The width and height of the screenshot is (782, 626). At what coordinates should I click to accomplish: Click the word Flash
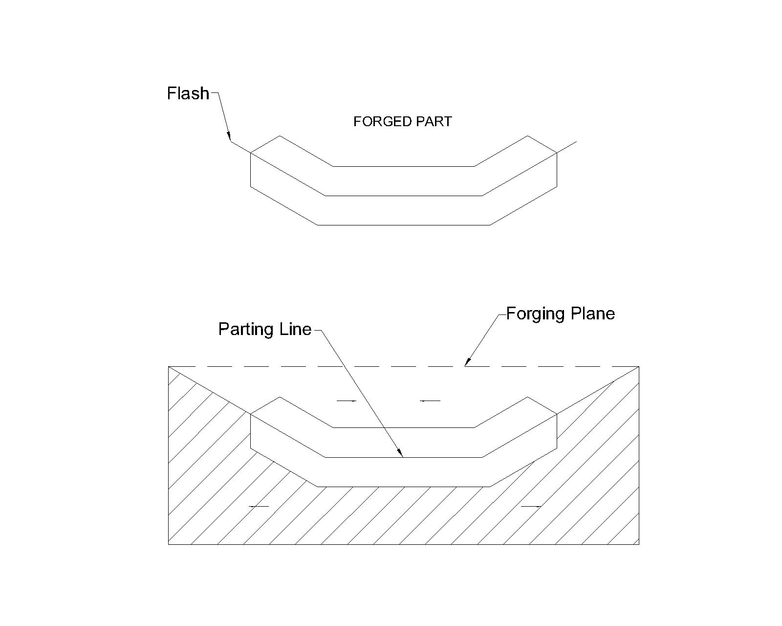[x=188, y=93]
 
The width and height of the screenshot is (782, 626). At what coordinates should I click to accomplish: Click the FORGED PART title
[x=402, y=122]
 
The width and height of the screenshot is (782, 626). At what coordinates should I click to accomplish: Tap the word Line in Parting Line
[x=295, y=329]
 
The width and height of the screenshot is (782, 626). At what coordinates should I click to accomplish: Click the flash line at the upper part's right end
[x=567, y=147]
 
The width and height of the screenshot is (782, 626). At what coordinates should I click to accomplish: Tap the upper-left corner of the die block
[x=169, y=366]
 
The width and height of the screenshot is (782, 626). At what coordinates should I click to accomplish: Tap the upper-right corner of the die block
[x=639, y=366]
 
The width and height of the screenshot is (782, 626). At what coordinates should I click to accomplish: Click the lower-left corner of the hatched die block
[x=169, y=544]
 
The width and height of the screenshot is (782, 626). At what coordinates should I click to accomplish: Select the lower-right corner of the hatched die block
[x=639, y=544]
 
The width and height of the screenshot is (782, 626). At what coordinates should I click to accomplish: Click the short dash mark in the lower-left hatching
[x=259, y=506]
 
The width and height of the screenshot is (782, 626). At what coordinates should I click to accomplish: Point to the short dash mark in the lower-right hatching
[x=530, y=506]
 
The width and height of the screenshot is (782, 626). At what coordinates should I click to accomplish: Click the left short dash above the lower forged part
[x=346, y=401]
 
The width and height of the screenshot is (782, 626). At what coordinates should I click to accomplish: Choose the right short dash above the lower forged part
[x=430, y=401]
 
